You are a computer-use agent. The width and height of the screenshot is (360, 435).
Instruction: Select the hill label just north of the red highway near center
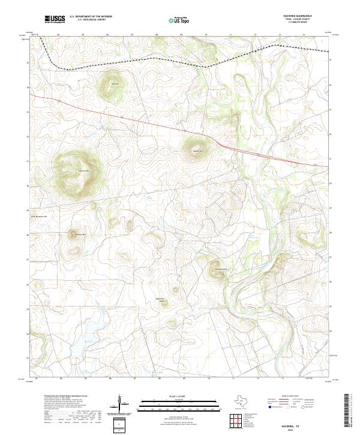tap(198, 150)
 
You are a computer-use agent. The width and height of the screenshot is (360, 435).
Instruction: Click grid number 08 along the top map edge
tap(156, 35)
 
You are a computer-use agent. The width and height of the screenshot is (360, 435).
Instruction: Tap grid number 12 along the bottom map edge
tap(257, 379)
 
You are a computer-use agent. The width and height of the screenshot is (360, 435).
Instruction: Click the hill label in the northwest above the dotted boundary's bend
tap(114, 83)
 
